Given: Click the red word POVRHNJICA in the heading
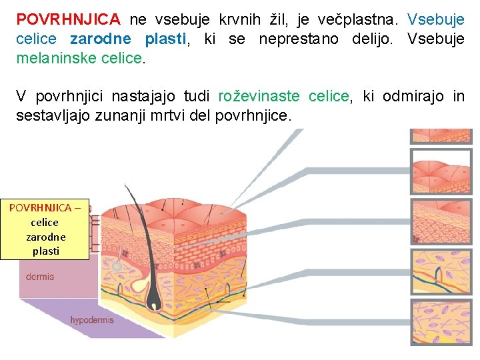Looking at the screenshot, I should (x=69, y=19).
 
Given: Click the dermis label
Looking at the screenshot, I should (x=40, y=277).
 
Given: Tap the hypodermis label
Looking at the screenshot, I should (x=92, y=320).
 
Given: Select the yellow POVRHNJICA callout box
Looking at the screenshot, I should (x=45, y=229).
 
